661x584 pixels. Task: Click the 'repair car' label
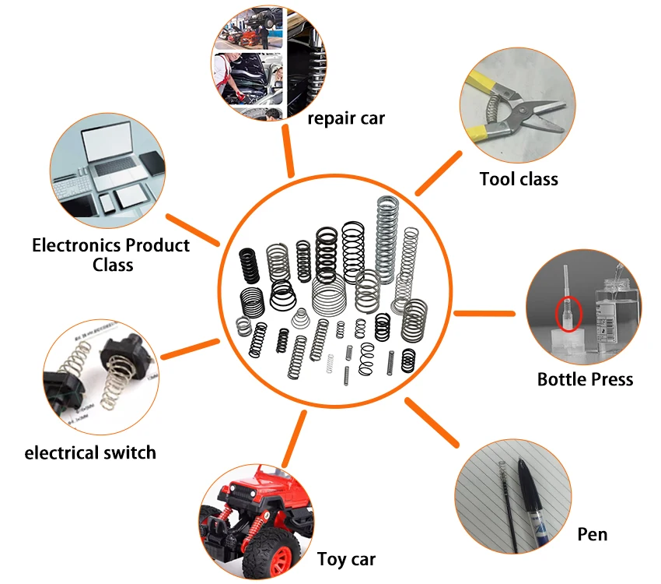346,118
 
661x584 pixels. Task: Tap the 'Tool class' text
519,179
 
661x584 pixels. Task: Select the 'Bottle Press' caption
585,379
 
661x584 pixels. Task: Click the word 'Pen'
593,534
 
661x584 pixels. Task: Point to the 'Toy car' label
346,559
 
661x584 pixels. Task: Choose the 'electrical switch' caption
90,452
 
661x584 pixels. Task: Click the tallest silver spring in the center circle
386,234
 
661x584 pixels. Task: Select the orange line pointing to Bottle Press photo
484,313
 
